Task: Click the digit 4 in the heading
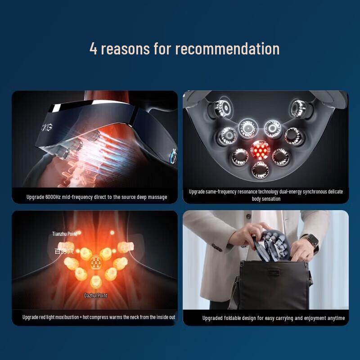pyautogui.click(x=94, y=49)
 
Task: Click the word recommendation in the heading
pyautogui.click(x=227, y=49)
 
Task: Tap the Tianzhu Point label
pyautogui.click(x=65, y=234)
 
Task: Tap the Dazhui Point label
pyautogui.click(x=96, y=296)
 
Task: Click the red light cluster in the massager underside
pyautogui.click(x=259, y=150)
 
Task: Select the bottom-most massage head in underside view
pyautogui.click(x=260, y=170)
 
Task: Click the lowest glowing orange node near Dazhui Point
pyautogui.click(x=95, y=282)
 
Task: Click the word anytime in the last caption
pyautogui.click(x=334, y=318)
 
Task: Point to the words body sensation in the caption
pyautogui.click(x=265, y=199)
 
